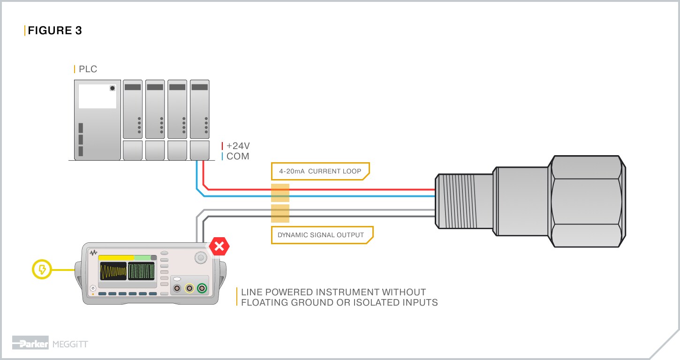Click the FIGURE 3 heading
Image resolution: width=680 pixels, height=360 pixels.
(x=55, y=30)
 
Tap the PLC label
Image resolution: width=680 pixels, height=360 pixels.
(x=88, y=69)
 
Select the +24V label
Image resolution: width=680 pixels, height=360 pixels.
(x=238, y=146)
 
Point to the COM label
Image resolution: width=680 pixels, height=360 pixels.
(x=238, y=156)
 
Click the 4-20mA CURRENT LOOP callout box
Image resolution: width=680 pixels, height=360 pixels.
(x=320, y=171)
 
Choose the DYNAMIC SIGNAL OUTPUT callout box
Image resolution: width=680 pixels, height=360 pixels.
(x=321, y=235)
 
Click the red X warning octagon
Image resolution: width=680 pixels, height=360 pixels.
(x=219, y=246)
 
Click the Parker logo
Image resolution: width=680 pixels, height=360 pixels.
(x=30, y=344)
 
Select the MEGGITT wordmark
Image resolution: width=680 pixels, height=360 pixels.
(x=70, y=345)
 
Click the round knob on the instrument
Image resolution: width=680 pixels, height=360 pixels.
(x=201, y=257)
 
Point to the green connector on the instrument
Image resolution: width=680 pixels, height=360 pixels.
(x=203, y=288)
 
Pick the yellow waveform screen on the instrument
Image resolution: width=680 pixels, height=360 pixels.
(x=113, y=271)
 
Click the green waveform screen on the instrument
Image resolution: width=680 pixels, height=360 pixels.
(x=141, y=271)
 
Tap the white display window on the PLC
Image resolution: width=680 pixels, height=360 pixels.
(x=97, y=97)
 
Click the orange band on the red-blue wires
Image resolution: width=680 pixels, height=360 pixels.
(x=280, y=193)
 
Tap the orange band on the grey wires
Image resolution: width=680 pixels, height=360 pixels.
(x=280, y=213)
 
